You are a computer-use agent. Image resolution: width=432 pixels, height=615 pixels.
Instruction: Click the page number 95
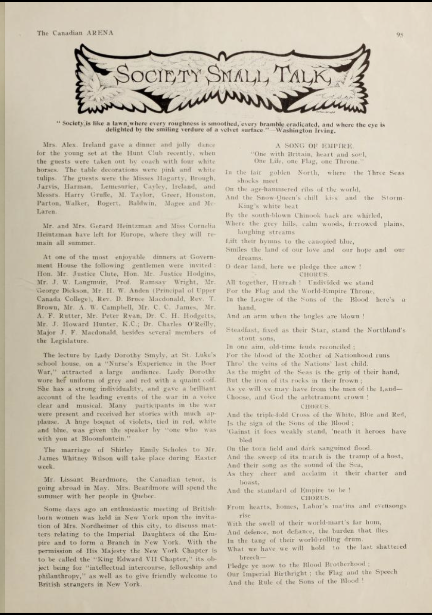(x=400, y=35)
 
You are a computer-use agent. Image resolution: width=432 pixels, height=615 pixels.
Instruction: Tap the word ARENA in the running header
(x=100, y=33)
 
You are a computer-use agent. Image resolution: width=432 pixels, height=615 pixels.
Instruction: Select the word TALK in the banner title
(x=298, y=75)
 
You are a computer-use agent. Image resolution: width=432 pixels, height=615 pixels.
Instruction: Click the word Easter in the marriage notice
(x=204, y=458)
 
